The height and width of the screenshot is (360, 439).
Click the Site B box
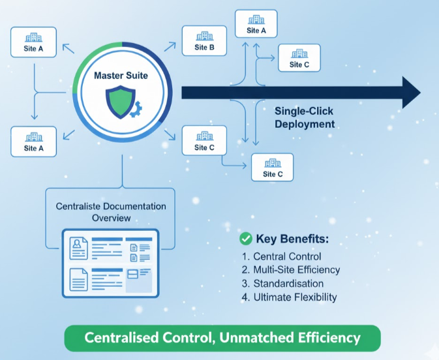tap(204, 41)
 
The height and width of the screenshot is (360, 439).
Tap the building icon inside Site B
tap(204, 35)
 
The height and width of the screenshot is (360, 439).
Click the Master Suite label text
tap(121, 76)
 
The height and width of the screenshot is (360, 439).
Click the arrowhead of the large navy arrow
tap(411, 92)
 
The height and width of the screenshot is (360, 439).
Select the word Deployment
tap(305, 124)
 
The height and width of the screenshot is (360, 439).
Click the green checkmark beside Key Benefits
tap(247, 239)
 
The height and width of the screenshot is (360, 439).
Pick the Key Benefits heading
tap(293, 239)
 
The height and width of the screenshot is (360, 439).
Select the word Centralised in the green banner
tap(124, 338)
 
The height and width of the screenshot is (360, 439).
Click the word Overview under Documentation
tap(112, 218)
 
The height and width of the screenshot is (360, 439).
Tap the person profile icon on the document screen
tap(80, 245)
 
